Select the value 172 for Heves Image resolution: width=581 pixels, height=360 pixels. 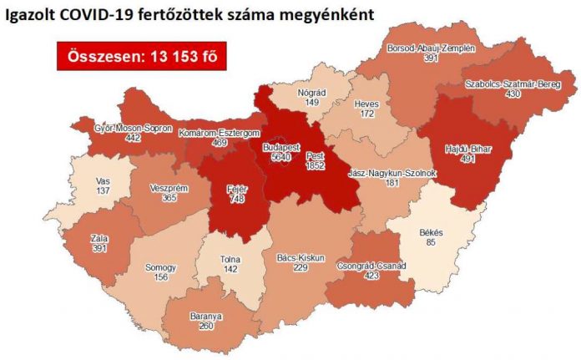[367, 111]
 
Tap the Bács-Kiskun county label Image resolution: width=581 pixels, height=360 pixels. [304, 257]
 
